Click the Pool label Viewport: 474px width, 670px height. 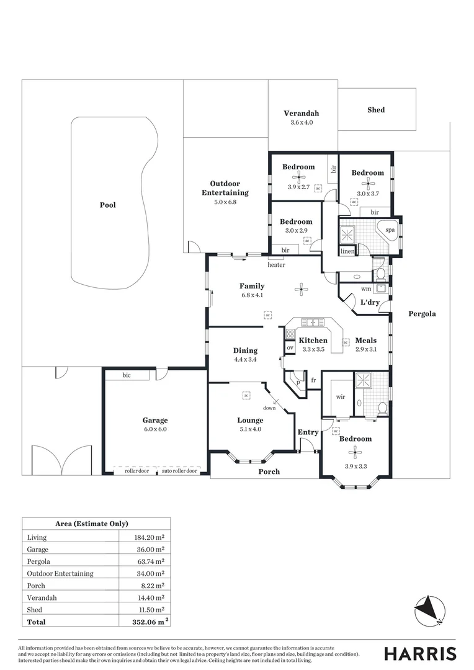pyautogui.click(x=108, y=205)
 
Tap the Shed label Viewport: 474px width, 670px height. pyautogui.click(x=376, y=110)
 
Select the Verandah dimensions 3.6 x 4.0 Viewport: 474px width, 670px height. pyautogui.click(x=302, y=123)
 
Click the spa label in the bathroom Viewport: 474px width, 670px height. pyautogui.click(x=390, y=230)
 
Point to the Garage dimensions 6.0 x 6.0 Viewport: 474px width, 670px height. pyautogui.click(x=154, y=429)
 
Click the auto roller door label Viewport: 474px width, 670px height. pyautogui.click(x=180, y=471)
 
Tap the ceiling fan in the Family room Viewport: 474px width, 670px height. pyautogui.click(x=302, y=288)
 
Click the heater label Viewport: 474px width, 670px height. pyautogui.click(x=276, y=265)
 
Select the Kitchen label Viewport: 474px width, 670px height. pyautogui.click(x=313, y=341)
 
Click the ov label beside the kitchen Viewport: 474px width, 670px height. pyautogui.click(x=290, y=348)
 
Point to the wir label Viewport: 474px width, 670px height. pyautogui.click(x=340, y=396)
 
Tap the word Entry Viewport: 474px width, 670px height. pyautogui.click(x=308, y=432)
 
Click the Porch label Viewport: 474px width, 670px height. pyautogui.click(x=269, y=471)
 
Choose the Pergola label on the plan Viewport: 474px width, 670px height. pyautogui.click(x=422, y=314)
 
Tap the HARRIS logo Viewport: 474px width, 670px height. pyautogui.click(x=420, y=653)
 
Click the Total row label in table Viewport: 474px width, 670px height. pyautogui.click(x=37, y=621)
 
